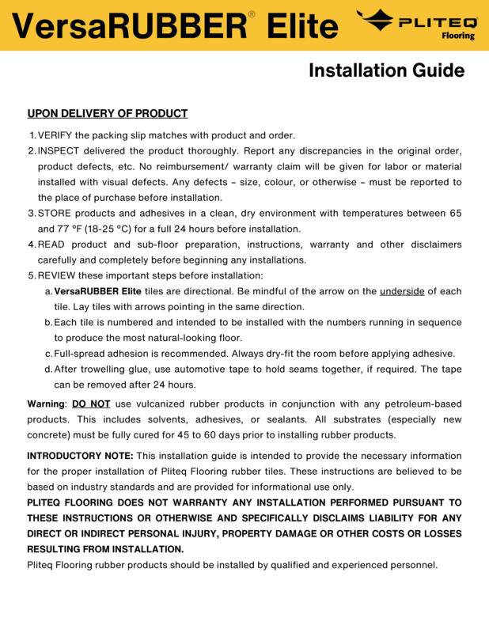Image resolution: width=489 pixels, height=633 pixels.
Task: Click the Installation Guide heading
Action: click(x=385, y=71)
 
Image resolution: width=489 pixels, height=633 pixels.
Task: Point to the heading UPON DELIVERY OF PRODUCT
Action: click(x=108, y=114)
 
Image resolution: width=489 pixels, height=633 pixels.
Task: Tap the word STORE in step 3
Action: click(x=55, y=214)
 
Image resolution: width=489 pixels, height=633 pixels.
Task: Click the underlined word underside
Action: click(x=402, y=291)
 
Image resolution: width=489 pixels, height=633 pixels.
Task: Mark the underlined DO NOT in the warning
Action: click(x=91, y=404)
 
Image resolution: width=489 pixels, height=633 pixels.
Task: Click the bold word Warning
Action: click(x=46, y=404)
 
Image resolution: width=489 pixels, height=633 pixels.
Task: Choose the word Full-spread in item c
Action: click(x=80, y=354)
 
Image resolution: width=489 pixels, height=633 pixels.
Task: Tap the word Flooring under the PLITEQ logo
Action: click(x=459, y=36)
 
